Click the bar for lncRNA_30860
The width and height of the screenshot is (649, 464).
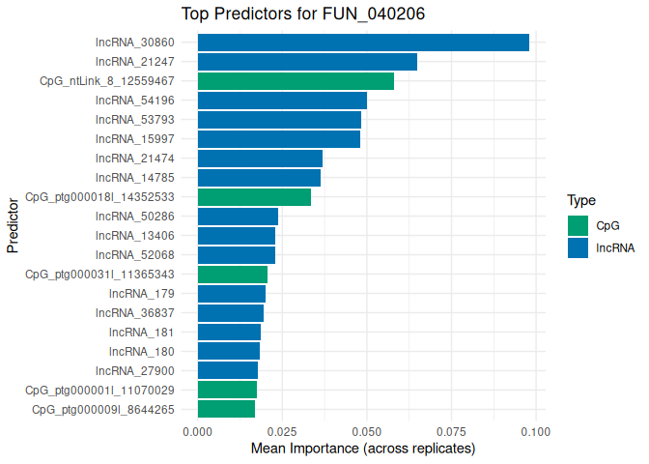[x=363, y=43]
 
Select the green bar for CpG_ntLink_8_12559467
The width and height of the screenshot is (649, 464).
[x=296, y=81]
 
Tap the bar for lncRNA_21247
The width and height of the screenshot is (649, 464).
[x=307, y=62]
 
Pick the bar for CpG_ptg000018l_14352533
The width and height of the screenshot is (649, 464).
[x=254, y=197]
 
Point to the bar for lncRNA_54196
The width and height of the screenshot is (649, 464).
[x=282, y=101]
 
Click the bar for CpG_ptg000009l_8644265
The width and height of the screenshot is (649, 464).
[x=226, y=409]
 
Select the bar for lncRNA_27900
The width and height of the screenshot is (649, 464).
[x=228, y=370]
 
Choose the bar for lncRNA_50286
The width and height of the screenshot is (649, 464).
[x=238, y=217]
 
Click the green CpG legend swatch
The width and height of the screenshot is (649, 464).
[x=578, y=225]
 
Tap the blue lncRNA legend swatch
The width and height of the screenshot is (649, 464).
[x=578, y=247]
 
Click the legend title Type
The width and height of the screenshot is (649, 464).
[x=580, y=201]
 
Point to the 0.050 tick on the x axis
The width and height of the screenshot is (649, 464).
[x=367, y=431]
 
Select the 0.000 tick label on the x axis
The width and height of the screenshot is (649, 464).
[x=198, y=431]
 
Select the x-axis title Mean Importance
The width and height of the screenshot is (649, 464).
[x=363, y=449]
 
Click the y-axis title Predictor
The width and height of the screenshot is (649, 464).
[x=13, y=226]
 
